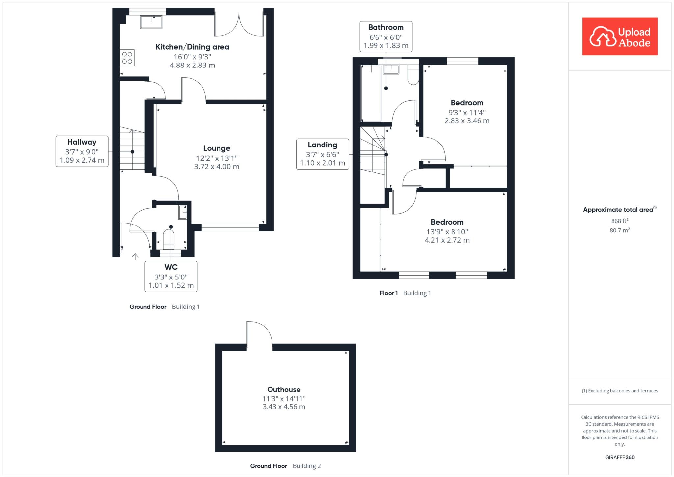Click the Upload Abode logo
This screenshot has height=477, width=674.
pyautogui.click(x=620, y=36)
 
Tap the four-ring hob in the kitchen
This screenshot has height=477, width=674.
pyautogui.click(x=127, y=58)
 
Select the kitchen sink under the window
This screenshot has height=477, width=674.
pyautogui.click(x=151, y=22)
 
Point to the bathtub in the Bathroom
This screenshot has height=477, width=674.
pyautogui.click(x=371, y=93)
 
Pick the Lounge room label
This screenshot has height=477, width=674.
pyautogui.click(x=217, y=148)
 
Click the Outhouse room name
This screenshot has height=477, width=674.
pyautogui.click(x=284, y=389)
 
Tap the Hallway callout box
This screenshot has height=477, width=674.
pyautogui.click(x=82, y=151)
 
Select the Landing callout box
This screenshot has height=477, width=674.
pyautogui.click(x=323, y=154)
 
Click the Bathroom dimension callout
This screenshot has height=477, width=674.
pyautogui.click(x=386, y=37)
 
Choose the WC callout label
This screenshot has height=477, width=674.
pyautogui.click(x=171, y=277)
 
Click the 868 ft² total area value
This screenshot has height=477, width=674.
pyautogui.click(x=620, y=221)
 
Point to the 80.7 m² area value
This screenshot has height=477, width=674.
pyautogui.click(x=620, y=230)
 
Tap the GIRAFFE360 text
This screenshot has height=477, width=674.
pyautogui.click(x=620, y=457)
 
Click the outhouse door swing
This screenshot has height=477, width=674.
pyautogui.click(x=260, y=334)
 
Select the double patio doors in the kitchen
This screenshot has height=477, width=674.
pyautogui.click(x=239, y=23)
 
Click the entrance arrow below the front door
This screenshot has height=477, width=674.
pyautogui.click(x=135, y=257)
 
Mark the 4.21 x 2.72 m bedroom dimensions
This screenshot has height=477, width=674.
pyautogui.click(x=447, y=240)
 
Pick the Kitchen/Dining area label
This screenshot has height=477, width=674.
pyautogui.click(x=192, y=47)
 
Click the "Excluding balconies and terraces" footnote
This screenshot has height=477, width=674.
pyautogui.click(x=620, y=391)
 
